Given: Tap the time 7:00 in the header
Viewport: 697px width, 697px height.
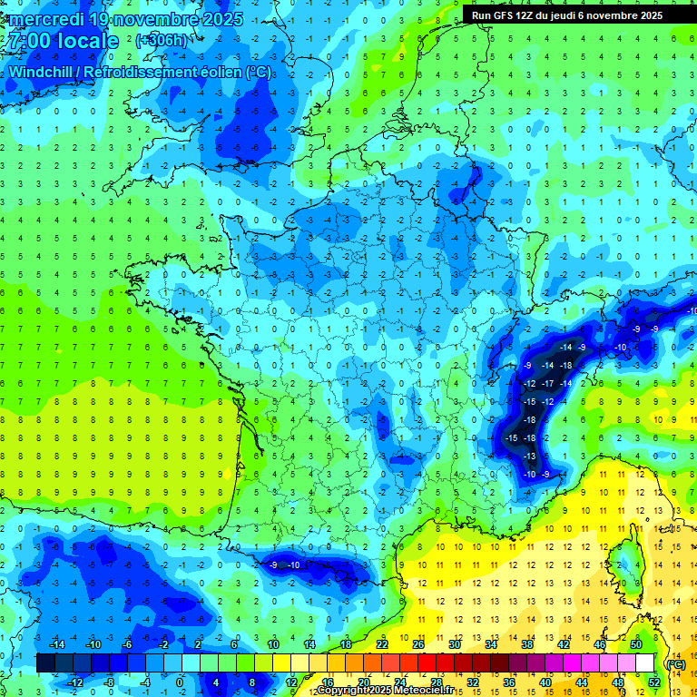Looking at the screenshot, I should pyautogui.click(x=27, y=42).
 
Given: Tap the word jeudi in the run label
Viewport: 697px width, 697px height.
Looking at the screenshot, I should pyautogui.click(x=563, y=15).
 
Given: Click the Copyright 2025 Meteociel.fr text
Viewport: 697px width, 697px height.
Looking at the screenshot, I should pyautogui.click(x=386, y=691).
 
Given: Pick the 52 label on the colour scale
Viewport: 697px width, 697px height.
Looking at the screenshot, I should pyautogui.click(x=653, y=682).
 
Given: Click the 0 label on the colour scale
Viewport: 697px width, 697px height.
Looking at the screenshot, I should pyautogui.click(x=180, y=682).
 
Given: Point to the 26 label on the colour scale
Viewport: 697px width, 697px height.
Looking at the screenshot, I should pyautogui.click(x=417, y=644).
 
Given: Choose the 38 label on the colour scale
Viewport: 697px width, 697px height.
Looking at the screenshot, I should pyautogui.click(x=526, y=644).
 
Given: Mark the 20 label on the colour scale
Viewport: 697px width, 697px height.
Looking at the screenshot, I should pyautogui.click(x=363, y=682).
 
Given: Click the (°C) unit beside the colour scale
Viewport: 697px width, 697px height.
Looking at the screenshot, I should pyautogui.click(x=675, y=663).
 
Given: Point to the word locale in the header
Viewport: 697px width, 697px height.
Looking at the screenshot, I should pyautogui.click(x=85, y=42).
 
